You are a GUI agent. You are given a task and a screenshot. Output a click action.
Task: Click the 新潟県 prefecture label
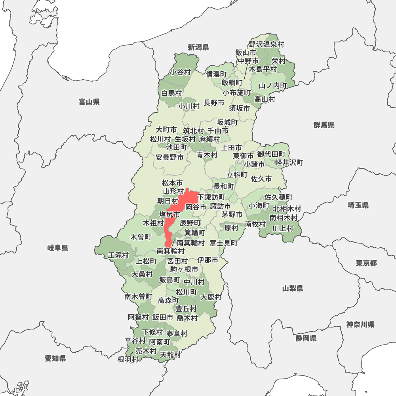pos(198,48)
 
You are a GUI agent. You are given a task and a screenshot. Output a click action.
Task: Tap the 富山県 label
pos(89,102)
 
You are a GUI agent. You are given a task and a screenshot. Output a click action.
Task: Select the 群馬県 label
pos(324,125)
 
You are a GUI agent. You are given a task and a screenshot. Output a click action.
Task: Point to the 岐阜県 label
pos(58,248)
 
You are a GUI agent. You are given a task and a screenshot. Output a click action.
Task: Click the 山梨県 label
pos(293,288)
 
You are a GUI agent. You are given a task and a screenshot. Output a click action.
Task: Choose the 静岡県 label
pos(306,338)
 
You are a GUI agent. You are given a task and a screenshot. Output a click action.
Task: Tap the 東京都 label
pos(366,263)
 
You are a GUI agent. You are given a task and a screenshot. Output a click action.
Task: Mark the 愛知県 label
pos(55,359)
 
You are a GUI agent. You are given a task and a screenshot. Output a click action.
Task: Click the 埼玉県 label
pos(358,205)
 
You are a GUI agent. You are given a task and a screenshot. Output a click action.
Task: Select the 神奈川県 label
pos(360,325)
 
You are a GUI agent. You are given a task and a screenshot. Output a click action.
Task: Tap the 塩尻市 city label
pos(169,214)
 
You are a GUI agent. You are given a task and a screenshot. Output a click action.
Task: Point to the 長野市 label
pos(214,103)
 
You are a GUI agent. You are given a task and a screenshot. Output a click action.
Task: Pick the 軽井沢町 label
pos(289,162)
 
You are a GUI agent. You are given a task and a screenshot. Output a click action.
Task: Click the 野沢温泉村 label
pos(267,44)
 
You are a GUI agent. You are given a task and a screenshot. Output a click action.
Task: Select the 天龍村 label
pos(170,354)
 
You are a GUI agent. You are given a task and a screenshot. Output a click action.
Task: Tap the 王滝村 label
pos(118,255)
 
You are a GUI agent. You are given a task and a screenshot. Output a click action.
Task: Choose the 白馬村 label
pos(171,93)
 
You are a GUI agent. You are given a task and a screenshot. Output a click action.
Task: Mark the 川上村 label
pos(282,228)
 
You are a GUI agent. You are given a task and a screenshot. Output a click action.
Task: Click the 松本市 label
pos(173,183)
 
